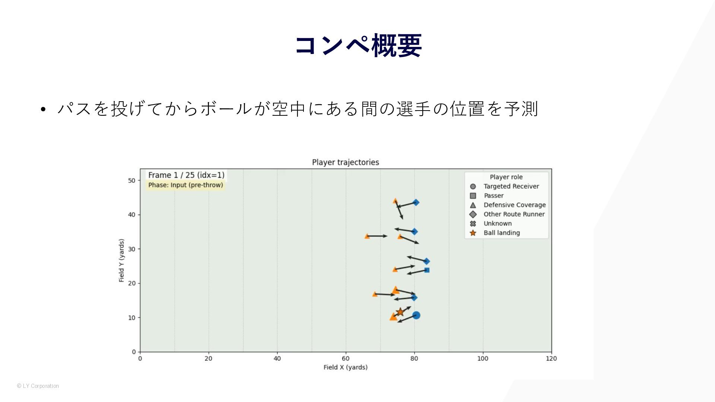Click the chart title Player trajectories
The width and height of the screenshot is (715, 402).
346,162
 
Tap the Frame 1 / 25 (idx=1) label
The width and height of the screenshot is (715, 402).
186,175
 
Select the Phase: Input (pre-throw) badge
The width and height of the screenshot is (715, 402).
185,185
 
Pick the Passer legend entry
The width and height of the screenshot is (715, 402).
487,195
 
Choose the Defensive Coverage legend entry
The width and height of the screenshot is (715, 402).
508,205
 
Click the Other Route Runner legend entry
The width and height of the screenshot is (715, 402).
507,214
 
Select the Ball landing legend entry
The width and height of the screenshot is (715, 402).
495,233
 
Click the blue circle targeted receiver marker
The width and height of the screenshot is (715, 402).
416,315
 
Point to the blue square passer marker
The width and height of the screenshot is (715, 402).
427,270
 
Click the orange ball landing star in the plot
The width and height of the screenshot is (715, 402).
400,312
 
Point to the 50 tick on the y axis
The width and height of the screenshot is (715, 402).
131,181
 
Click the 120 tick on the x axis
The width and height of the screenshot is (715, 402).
551,358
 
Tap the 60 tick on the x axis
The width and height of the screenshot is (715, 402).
346,358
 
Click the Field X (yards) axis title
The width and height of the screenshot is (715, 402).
346,367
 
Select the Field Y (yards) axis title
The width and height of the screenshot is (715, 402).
121,261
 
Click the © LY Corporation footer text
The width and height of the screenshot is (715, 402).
38,386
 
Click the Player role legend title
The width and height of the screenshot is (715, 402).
506,177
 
